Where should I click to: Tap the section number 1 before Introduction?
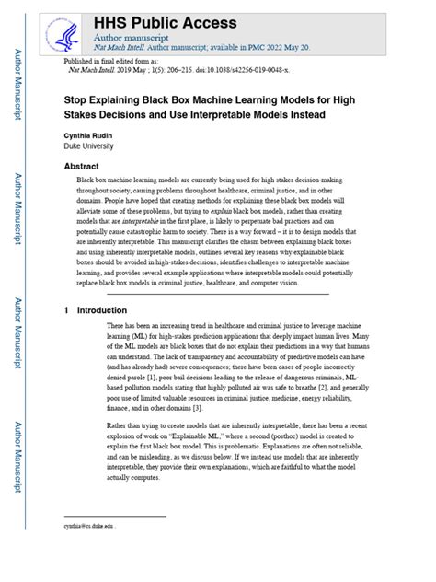67,311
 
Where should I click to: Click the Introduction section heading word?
102,311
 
